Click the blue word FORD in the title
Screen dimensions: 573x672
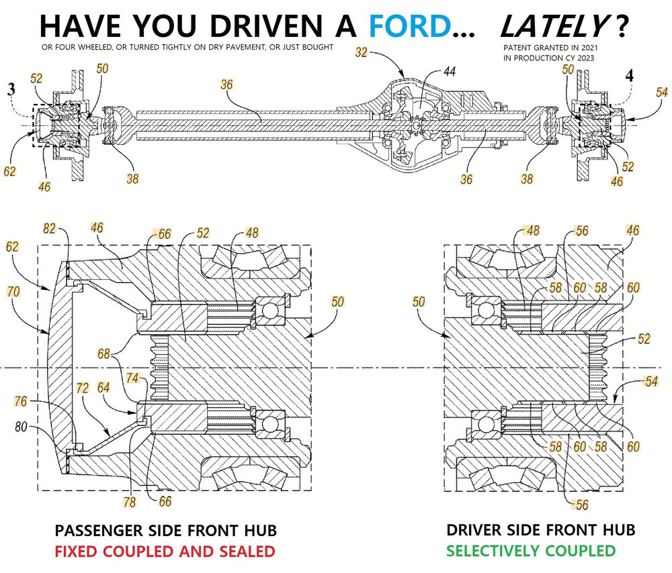click(x=409, y=25)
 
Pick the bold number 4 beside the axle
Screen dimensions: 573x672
click(x=629, y=75)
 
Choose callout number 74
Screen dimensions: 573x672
click(x=132, y=378)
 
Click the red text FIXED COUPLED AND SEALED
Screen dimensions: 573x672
click(x=165, y=552)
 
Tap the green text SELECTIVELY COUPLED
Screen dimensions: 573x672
click(x=531, y=551)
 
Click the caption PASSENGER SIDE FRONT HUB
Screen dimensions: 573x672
click(x=165, y=531)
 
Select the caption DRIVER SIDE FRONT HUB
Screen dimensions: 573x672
click(x=541, y=530)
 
